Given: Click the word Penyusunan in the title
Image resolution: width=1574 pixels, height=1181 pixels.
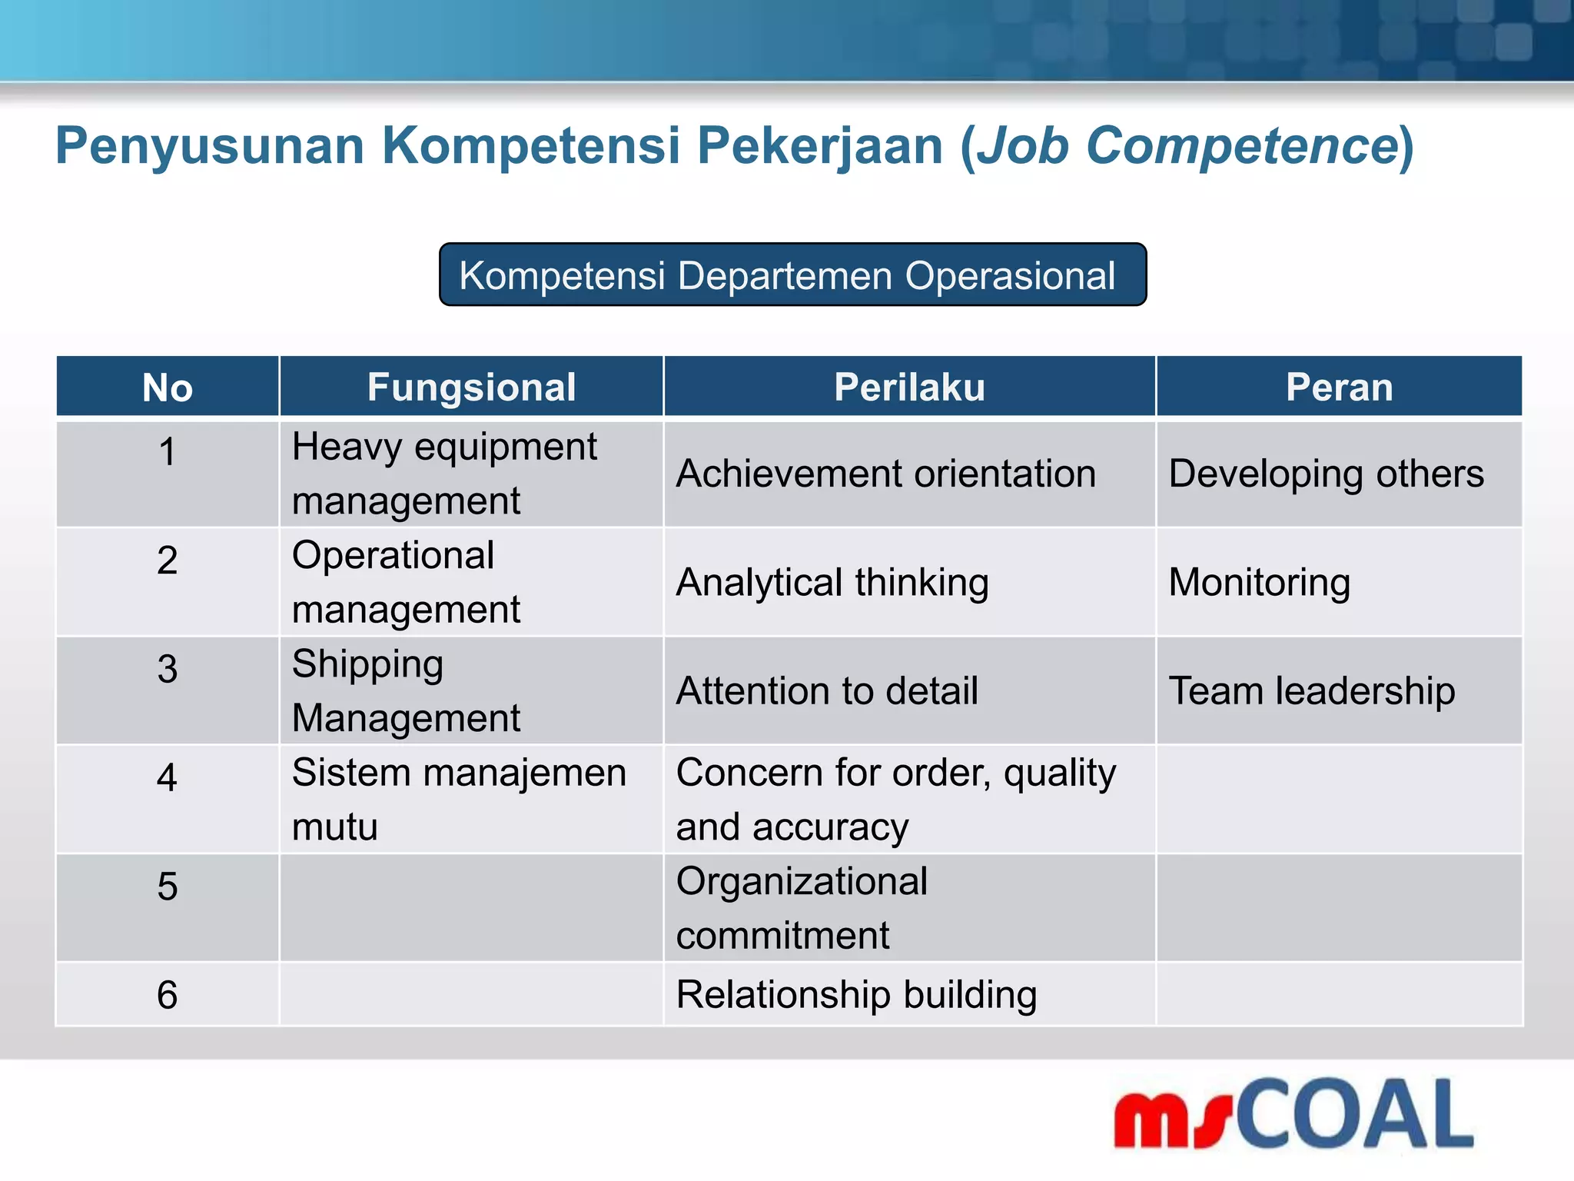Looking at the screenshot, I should coord(209,146).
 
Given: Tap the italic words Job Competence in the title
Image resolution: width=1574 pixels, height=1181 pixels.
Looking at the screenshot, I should coord(1187,146).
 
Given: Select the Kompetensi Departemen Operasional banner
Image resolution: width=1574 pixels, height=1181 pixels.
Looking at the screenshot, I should coord(792,275).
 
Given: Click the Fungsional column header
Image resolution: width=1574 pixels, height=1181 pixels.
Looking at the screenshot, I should coord(471,388).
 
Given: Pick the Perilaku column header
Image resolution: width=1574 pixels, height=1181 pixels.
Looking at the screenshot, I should coord(909,388).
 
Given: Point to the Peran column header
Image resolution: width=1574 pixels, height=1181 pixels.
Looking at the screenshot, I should coord(1339,388).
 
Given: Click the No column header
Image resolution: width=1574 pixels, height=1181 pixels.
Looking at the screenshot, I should coord(167,388).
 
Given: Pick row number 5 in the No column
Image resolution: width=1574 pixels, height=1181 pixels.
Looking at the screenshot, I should coord(167,887).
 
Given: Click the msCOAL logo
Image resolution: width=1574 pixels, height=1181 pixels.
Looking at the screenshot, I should coord(1293,1115).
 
